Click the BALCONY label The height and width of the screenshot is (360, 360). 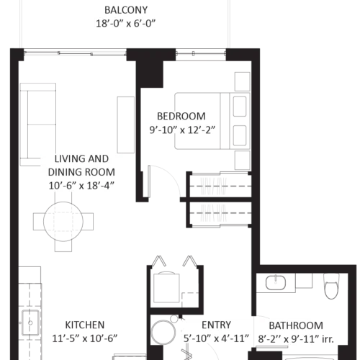pos(126,10)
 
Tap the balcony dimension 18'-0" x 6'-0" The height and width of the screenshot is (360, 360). pos(126,24)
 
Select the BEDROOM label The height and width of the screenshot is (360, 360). pos(181,116)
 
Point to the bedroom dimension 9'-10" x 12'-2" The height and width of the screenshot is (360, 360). pos(182,130)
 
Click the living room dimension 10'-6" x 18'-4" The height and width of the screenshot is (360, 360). pos(81,186)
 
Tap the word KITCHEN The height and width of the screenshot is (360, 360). pos(85,325)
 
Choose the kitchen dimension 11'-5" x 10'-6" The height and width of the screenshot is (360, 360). pos(85,338)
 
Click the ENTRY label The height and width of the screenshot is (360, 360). pos(216,325)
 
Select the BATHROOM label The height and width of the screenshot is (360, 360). pos(296,325)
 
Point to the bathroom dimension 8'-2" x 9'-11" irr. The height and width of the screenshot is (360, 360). pos(296,339)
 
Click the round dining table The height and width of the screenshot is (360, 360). pos(63,222)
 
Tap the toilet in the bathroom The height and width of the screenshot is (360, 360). pos(331,286)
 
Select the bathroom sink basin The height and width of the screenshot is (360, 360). pos(276,282)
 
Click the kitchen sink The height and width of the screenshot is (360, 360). pos(30,323)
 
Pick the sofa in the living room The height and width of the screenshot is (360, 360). pos(38,125)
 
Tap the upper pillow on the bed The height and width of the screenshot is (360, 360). pos(240,107)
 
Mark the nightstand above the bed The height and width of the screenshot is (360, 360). pos(243,81)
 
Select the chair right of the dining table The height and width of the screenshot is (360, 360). pos(88,222)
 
